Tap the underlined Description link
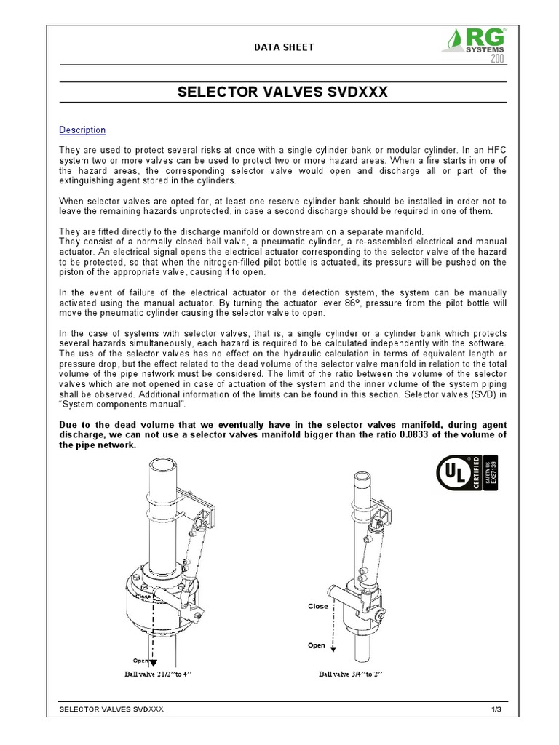pyautogui.click(x=82, y=130)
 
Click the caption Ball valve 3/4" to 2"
pyautogui.click(x=351, y=674)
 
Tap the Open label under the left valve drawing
pyautogui.click(x=140, y=660)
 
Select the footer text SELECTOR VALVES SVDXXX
pyautogui.click(x=111, y=709)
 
